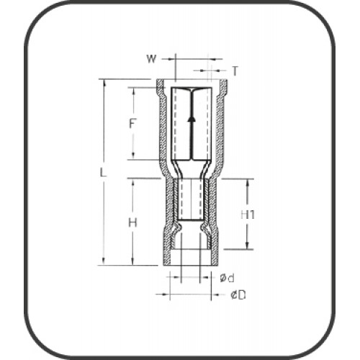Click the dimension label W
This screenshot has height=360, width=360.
click(151, 58)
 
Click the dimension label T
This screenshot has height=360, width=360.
click(235, 70)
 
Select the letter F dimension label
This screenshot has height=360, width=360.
click(132, 123)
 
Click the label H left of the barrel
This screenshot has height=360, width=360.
click(132, 222)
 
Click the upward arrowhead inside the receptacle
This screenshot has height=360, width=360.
click(192, 117)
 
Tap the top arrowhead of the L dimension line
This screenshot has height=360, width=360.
click(105, 81)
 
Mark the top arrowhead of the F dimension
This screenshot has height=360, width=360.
click(133, 89)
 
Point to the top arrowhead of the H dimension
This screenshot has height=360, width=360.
click(133, 180)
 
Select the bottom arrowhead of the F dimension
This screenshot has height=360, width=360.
click(133, 157)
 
